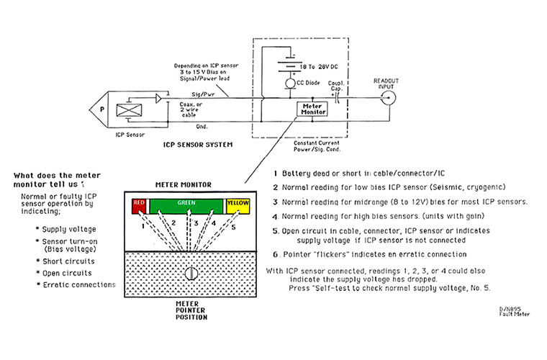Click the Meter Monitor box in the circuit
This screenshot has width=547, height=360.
(312, 109)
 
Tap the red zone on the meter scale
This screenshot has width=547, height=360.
(139, 206)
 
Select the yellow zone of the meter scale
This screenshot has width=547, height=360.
(238, 206)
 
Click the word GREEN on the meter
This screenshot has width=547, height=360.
(186, 202)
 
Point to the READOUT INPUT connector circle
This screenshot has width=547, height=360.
(388, 98)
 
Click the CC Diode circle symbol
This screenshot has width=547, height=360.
(290, 84)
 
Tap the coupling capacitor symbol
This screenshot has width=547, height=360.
(337, 98)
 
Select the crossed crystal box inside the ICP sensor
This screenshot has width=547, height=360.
(129, 110)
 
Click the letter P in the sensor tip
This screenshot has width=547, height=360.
(102, 109)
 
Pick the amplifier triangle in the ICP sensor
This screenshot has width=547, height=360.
(158, 99)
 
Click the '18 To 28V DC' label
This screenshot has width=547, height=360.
(319, 67)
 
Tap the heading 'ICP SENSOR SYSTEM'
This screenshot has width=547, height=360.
(198, 145)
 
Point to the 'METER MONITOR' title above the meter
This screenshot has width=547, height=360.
(184, 184)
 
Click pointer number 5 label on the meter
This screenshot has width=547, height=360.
(233, 228)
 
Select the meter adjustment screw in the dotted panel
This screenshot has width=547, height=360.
(191, 274)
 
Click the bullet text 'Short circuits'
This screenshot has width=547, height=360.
(68, 261)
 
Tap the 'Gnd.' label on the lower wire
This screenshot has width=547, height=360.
(202, 127)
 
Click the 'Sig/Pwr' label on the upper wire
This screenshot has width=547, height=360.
(203, 94)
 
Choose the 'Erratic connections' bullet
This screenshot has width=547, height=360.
(79, 285)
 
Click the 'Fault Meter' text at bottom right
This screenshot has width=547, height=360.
(514, 315)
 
